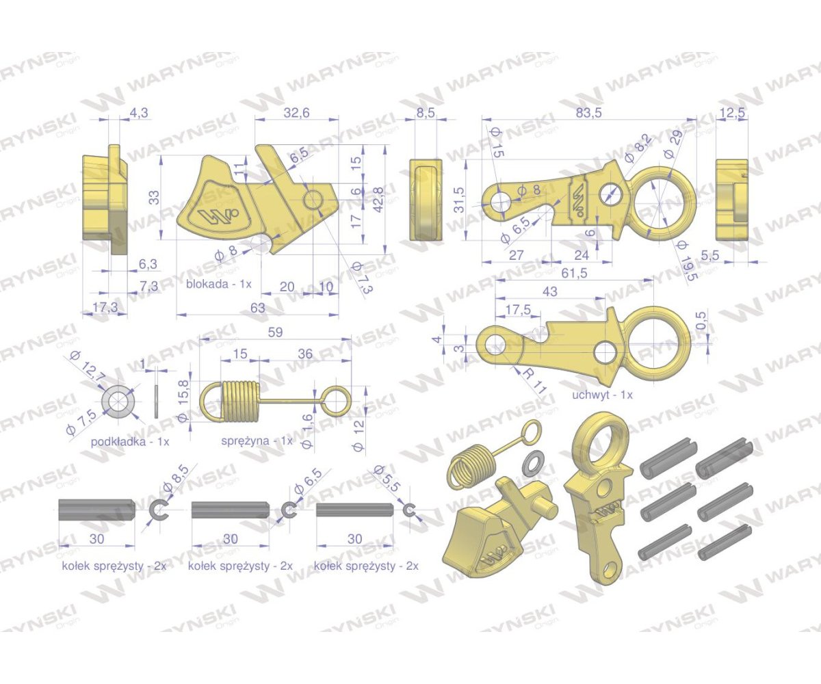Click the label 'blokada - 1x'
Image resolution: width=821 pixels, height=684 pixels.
pyautogui.click(x=219, y=283)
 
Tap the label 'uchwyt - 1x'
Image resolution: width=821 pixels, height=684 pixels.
pyautogui.click(x=602, y=394)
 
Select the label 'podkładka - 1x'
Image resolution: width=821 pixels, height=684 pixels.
pyautogui.click(x=130, y=441)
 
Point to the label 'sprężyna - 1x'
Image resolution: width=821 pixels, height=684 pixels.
pyautogui.click(x=257, y=440)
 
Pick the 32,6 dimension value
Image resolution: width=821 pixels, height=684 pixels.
pyautogui.click(x=296, y=113)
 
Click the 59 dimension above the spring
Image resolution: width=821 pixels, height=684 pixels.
pyautogui.click(x=275, y=332)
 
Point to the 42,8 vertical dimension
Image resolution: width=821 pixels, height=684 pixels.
pyautogui.click(x=378, y=200)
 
